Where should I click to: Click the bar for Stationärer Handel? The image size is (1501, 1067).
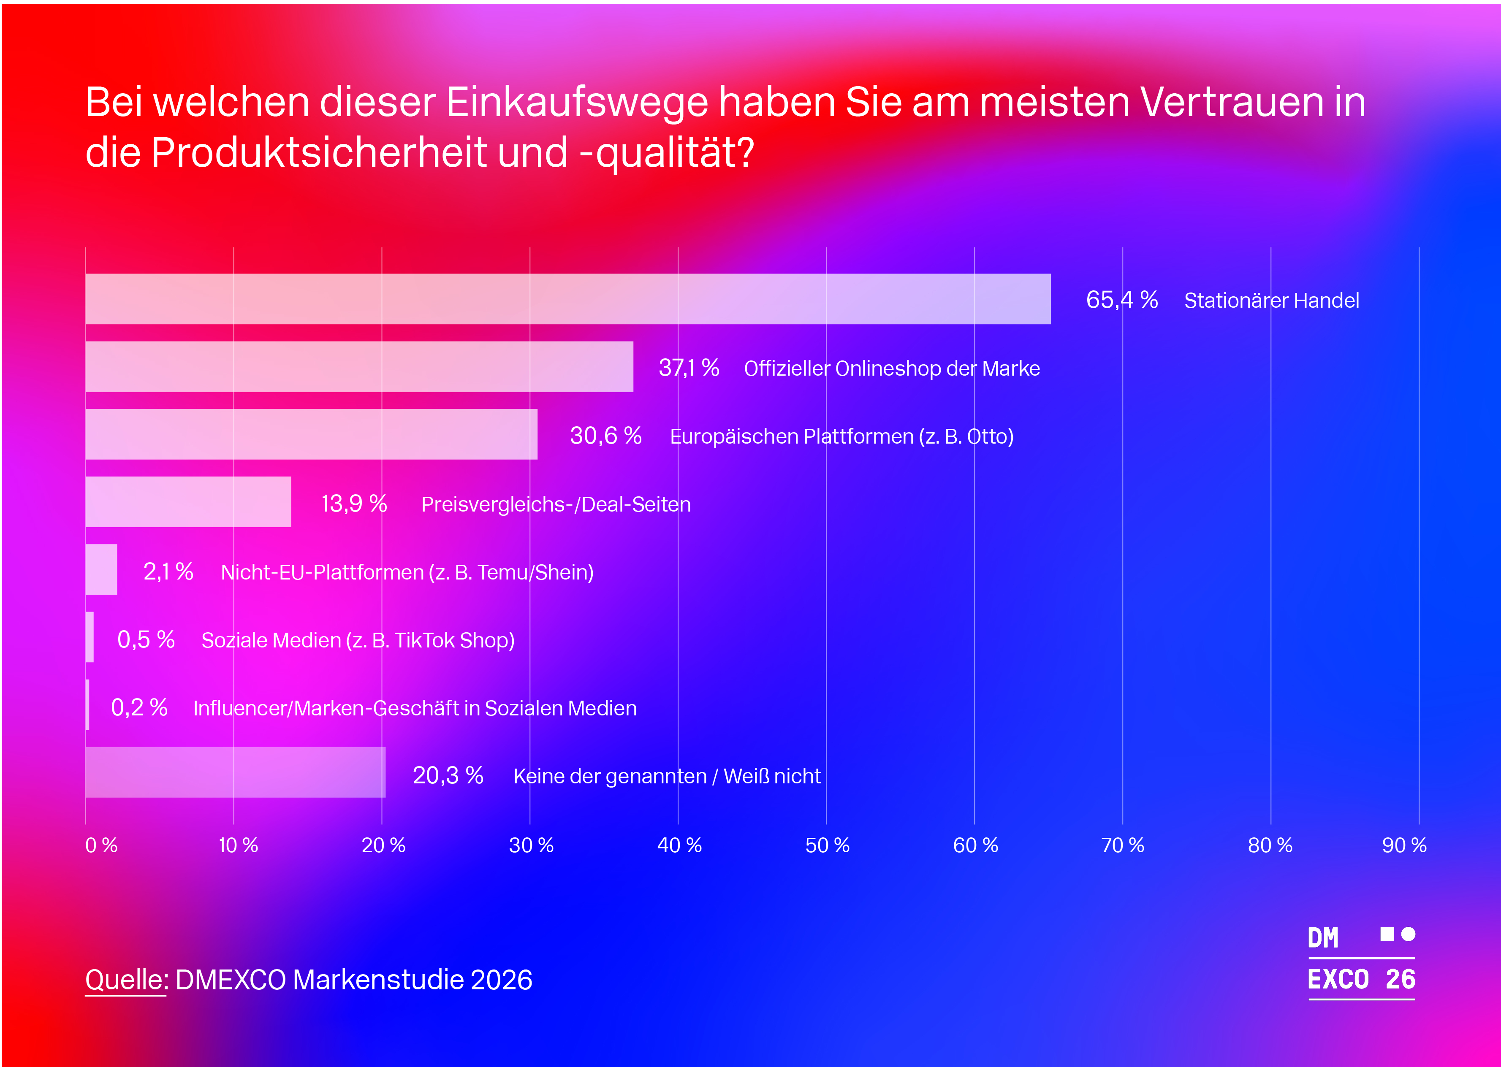(x=568, y=299)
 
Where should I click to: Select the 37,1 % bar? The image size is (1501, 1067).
(x=359, y=367)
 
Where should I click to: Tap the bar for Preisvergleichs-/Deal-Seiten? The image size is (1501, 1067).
(x=188, y=502)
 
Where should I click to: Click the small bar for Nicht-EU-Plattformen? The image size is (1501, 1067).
(x=101, y=570)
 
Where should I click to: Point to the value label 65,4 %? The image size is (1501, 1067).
(x=1121, y=300)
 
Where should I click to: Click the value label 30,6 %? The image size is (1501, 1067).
(x=605, y=436)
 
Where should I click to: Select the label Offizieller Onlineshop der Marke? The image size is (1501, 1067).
(x=891, y=368)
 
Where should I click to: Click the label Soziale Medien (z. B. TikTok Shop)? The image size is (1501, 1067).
(x=358, y=640)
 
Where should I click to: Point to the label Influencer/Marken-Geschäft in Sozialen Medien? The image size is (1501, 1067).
(x=415, y=708)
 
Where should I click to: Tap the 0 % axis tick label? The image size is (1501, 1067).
(x=101, y=845)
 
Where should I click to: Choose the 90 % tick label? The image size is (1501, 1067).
(x=1404, y=845)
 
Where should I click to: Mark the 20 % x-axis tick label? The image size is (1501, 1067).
(x=383, y=845)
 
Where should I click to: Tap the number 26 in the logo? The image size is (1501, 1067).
(x=1400, y=979)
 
